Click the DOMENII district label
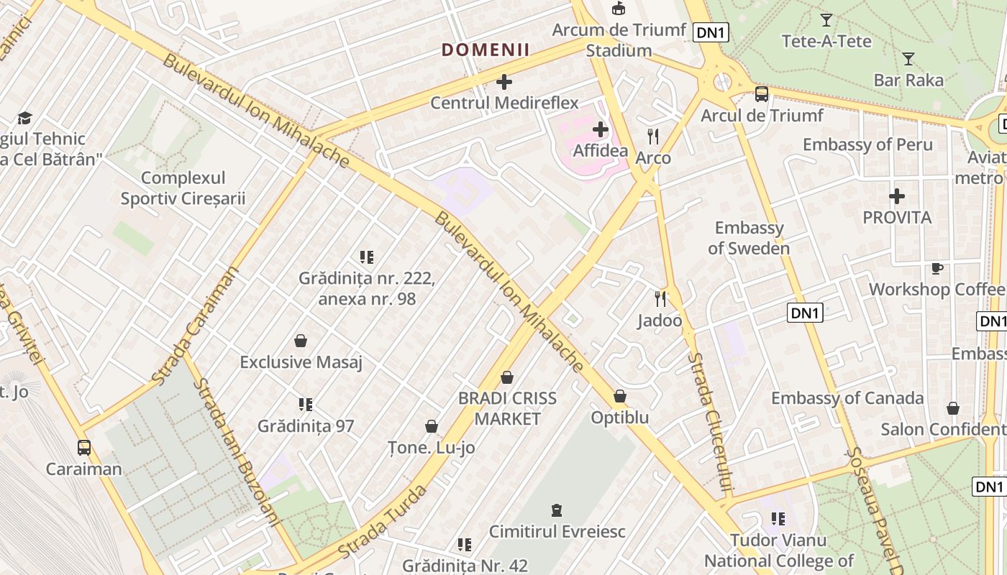point(486,50)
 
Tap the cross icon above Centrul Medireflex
point(504,82)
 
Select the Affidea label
point(601,151)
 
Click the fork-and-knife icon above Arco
point(653,135)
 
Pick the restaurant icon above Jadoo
point(660,298)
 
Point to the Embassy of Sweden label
point(749,238)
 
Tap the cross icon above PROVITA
point(896,195)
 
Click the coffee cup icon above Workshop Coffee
point(937,268)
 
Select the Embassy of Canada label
point(847,398)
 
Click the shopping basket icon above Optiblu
point(620,396)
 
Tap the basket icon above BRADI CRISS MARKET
point(507,377)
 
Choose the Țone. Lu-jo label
point(432,447)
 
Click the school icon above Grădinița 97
point(306,405)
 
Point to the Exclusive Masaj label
point(301,362)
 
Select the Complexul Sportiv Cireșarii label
point(183,188)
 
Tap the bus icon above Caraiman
point(84,448)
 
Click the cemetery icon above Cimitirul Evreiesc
point(556,510)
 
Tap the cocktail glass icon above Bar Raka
point(908,59)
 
